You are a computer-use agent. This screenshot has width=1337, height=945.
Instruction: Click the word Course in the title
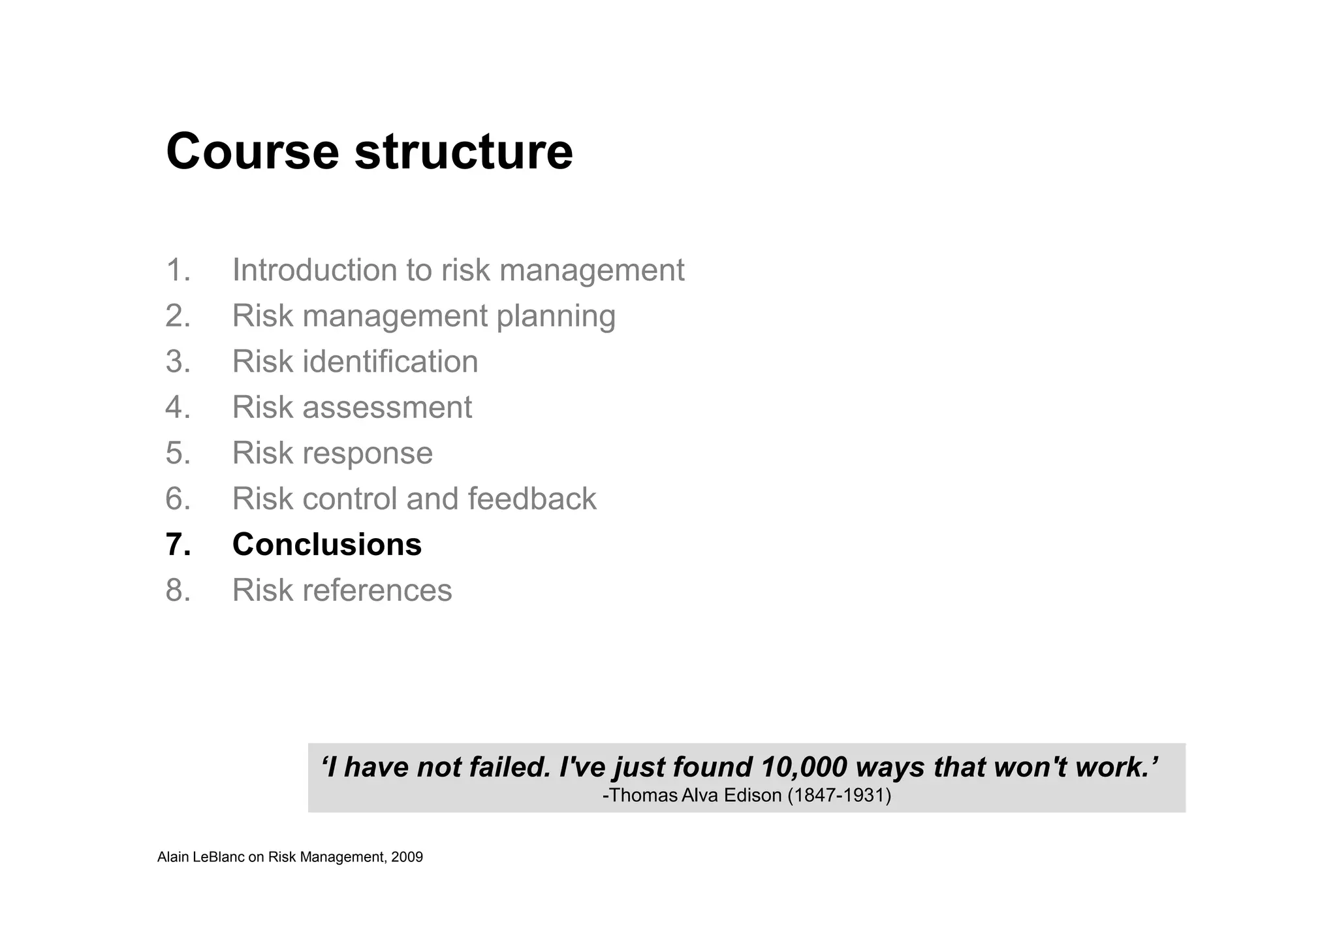(x=253, y=152)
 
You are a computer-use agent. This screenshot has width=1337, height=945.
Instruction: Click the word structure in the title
(x=464, y=152)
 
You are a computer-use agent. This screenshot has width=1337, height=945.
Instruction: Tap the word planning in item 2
(x=556, y=317)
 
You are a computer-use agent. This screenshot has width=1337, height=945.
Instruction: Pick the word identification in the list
(x=390, y=362)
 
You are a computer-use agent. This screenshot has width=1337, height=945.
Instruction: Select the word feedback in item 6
(x=531, y=499)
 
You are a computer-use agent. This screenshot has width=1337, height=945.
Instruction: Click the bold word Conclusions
(x=326, y=545)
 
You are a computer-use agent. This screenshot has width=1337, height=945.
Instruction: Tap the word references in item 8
(x=377, y=590)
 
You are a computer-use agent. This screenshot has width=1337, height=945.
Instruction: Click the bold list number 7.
(x=178, y=545)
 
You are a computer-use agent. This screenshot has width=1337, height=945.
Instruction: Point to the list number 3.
(x=178, y=362)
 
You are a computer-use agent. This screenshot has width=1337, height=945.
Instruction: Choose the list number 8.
(x=178, y=590)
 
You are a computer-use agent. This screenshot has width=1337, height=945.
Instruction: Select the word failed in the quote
(x=510, y=767)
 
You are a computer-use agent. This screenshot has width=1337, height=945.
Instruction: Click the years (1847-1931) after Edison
(x=840, y=795)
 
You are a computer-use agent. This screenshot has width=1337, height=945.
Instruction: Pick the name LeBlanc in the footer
(x=219, y=857)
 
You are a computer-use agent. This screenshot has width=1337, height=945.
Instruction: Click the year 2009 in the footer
(x=407, y=857)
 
